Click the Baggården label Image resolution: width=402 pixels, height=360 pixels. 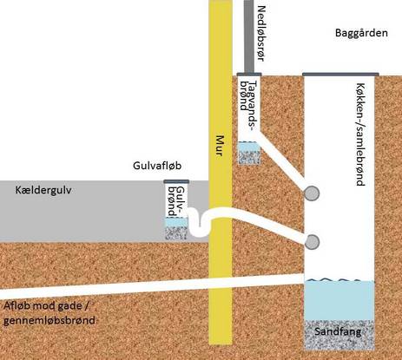tap(361, 33)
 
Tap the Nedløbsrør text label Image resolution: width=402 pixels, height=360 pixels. tap(260, 34)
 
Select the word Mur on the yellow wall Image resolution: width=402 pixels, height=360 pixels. tap(221, 146)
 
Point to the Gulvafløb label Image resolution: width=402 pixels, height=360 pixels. tap(157, 166)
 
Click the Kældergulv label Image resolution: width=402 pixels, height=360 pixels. tap(43, 190)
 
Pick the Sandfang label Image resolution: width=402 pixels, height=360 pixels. tap(338, 331)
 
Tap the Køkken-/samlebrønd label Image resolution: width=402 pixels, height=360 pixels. tap(359, 134)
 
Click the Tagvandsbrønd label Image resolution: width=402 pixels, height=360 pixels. tap(249, 106)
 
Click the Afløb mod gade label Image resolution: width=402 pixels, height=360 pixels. tap(45, 305)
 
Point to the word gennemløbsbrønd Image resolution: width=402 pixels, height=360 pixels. tap(49, 320)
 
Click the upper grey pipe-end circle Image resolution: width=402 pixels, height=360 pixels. tap(312, 193)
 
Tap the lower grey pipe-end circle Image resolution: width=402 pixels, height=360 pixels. tap(312, 242)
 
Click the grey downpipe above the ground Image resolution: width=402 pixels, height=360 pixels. tap(249, 36)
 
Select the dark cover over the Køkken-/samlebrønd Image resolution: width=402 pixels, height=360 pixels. tap(340, 75)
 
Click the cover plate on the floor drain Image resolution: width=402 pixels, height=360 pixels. tap(176, 181)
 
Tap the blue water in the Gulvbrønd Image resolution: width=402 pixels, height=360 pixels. tap(176, 222)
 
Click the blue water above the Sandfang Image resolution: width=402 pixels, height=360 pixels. tap(339, 300)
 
